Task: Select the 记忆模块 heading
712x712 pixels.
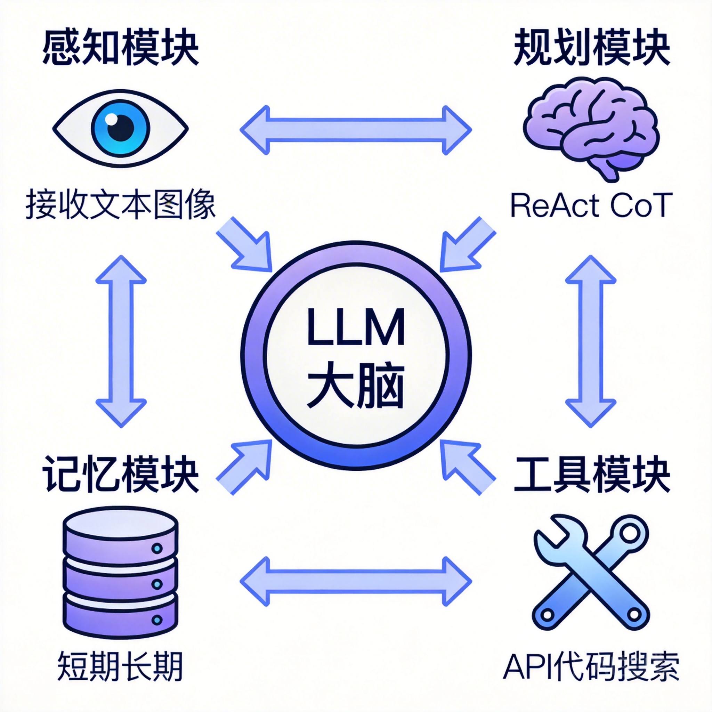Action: tap(121, 474)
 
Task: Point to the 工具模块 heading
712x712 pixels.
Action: tap(591, 474)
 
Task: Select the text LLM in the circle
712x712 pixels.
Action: tap(356, 327)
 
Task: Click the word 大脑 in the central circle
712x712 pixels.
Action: tap(356, 386)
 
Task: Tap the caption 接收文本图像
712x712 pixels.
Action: tap(120, 205)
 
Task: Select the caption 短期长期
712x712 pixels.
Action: tap(120, 667)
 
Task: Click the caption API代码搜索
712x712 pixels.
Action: tap(591, 667)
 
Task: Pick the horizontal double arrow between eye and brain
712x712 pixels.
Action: tap(356, 130)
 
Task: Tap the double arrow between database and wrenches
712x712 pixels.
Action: tap(356, 582)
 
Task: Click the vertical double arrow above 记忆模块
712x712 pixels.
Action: tap(121, 341)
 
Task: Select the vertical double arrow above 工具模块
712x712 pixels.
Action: tap(591, 341)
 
